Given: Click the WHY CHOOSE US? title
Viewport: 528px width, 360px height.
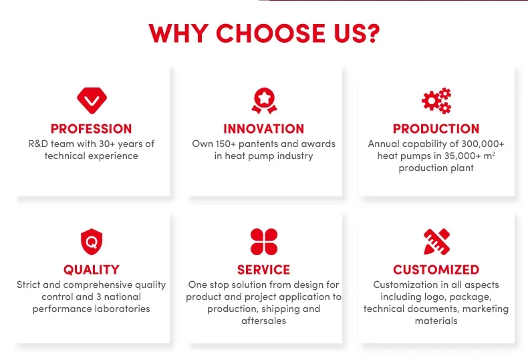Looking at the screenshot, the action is pos(264,33).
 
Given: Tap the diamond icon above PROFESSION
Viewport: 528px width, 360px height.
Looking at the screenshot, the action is pos(92,100).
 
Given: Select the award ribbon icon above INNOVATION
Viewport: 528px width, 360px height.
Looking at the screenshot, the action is pos(265,101).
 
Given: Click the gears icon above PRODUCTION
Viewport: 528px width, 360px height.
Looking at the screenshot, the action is pos(436,101).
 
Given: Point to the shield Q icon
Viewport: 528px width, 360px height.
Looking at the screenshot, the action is pos(92,242).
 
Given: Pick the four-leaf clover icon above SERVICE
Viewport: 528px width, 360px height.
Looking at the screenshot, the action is pos(264,242).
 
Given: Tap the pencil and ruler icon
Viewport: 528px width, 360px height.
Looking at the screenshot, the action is pos(436,242).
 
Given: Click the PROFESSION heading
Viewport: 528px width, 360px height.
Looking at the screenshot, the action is pos(92,129).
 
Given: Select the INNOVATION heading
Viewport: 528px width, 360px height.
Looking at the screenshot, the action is pos(263,129).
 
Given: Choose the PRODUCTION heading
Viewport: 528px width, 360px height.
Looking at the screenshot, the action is pos(436,129).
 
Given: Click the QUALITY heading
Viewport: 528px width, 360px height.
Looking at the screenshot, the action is pos(92,270).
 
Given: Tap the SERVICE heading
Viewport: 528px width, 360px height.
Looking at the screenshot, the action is pos(263,270).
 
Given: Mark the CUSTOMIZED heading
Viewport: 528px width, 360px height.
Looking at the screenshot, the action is pos(436,270).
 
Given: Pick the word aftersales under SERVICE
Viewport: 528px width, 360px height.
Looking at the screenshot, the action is pos(263,321).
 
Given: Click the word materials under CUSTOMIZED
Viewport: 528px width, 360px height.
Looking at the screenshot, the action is pos(436,321).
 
